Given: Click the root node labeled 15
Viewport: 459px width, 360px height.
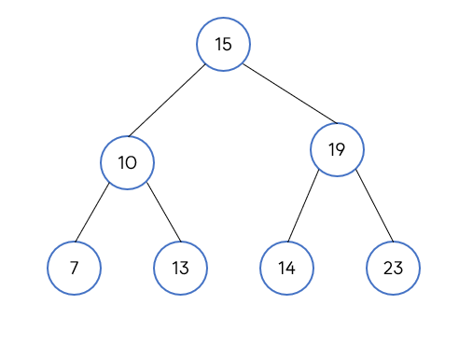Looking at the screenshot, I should (223, 44).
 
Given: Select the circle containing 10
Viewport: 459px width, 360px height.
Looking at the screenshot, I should (128, 162).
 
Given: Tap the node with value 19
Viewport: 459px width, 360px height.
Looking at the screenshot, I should (337, 149).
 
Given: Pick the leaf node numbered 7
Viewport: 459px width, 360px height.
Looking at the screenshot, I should (74, 268).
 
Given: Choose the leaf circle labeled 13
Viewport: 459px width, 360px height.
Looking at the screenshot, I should (180, 268).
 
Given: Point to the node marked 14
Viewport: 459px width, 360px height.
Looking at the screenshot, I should (286, 268).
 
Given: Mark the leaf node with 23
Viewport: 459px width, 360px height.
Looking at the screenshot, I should (393, 268).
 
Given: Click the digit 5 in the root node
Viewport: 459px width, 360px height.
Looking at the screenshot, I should (227, 44).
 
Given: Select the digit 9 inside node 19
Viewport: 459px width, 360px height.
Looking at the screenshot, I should (341, 149).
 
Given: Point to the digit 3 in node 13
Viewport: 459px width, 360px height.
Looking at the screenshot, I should (184, 268).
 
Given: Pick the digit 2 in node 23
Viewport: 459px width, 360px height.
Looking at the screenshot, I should (388, 268).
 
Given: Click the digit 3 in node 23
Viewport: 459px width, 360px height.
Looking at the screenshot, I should (397, 268).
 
